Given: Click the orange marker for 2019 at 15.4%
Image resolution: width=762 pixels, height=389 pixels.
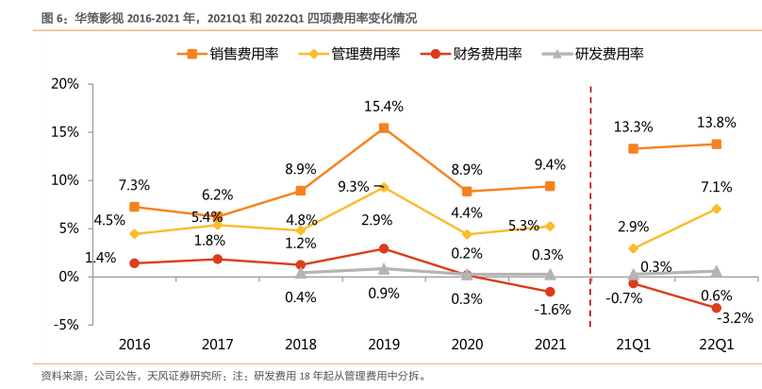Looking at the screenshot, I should [x=384, y=127].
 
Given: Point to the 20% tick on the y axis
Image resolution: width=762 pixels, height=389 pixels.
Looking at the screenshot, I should [x=64, y=83].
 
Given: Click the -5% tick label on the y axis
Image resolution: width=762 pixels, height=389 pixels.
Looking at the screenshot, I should [x=64, y=324].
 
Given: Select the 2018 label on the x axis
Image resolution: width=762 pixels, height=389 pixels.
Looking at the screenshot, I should [x=301, y=346].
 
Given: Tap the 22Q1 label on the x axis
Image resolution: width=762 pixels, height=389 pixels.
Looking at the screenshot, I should [x=716, y=346].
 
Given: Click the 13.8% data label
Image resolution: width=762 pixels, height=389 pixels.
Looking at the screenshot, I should [x=716, y=122].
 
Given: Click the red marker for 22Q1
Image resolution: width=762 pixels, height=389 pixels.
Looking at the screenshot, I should [x=717, y=308].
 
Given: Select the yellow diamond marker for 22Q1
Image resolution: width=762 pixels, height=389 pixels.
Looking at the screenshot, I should [x=717, y=209].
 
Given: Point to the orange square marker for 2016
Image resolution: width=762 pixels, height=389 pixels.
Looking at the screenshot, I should [x=135, y=207].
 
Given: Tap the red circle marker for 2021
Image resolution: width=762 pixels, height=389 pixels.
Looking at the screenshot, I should [x=550, y=292].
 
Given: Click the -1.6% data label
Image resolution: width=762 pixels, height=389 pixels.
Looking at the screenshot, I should [x=551, y=309].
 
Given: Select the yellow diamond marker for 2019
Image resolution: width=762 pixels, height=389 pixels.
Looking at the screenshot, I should [x=384, y=187].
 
